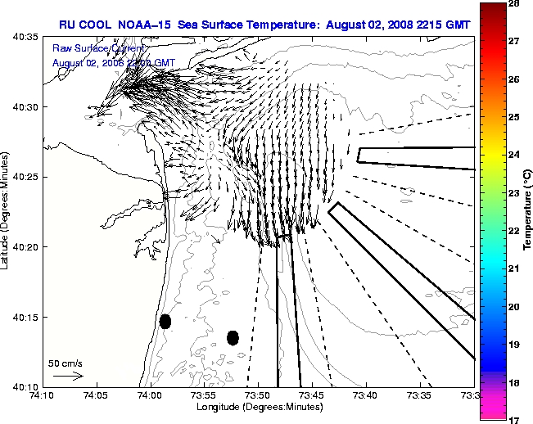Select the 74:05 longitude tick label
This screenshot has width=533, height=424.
click(97, 395)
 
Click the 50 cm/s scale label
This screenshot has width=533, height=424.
click(65, 363)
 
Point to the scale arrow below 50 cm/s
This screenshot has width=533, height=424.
click(68, 377)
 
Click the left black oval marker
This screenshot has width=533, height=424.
click(165, 321)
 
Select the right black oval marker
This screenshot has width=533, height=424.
click(233, 337)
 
